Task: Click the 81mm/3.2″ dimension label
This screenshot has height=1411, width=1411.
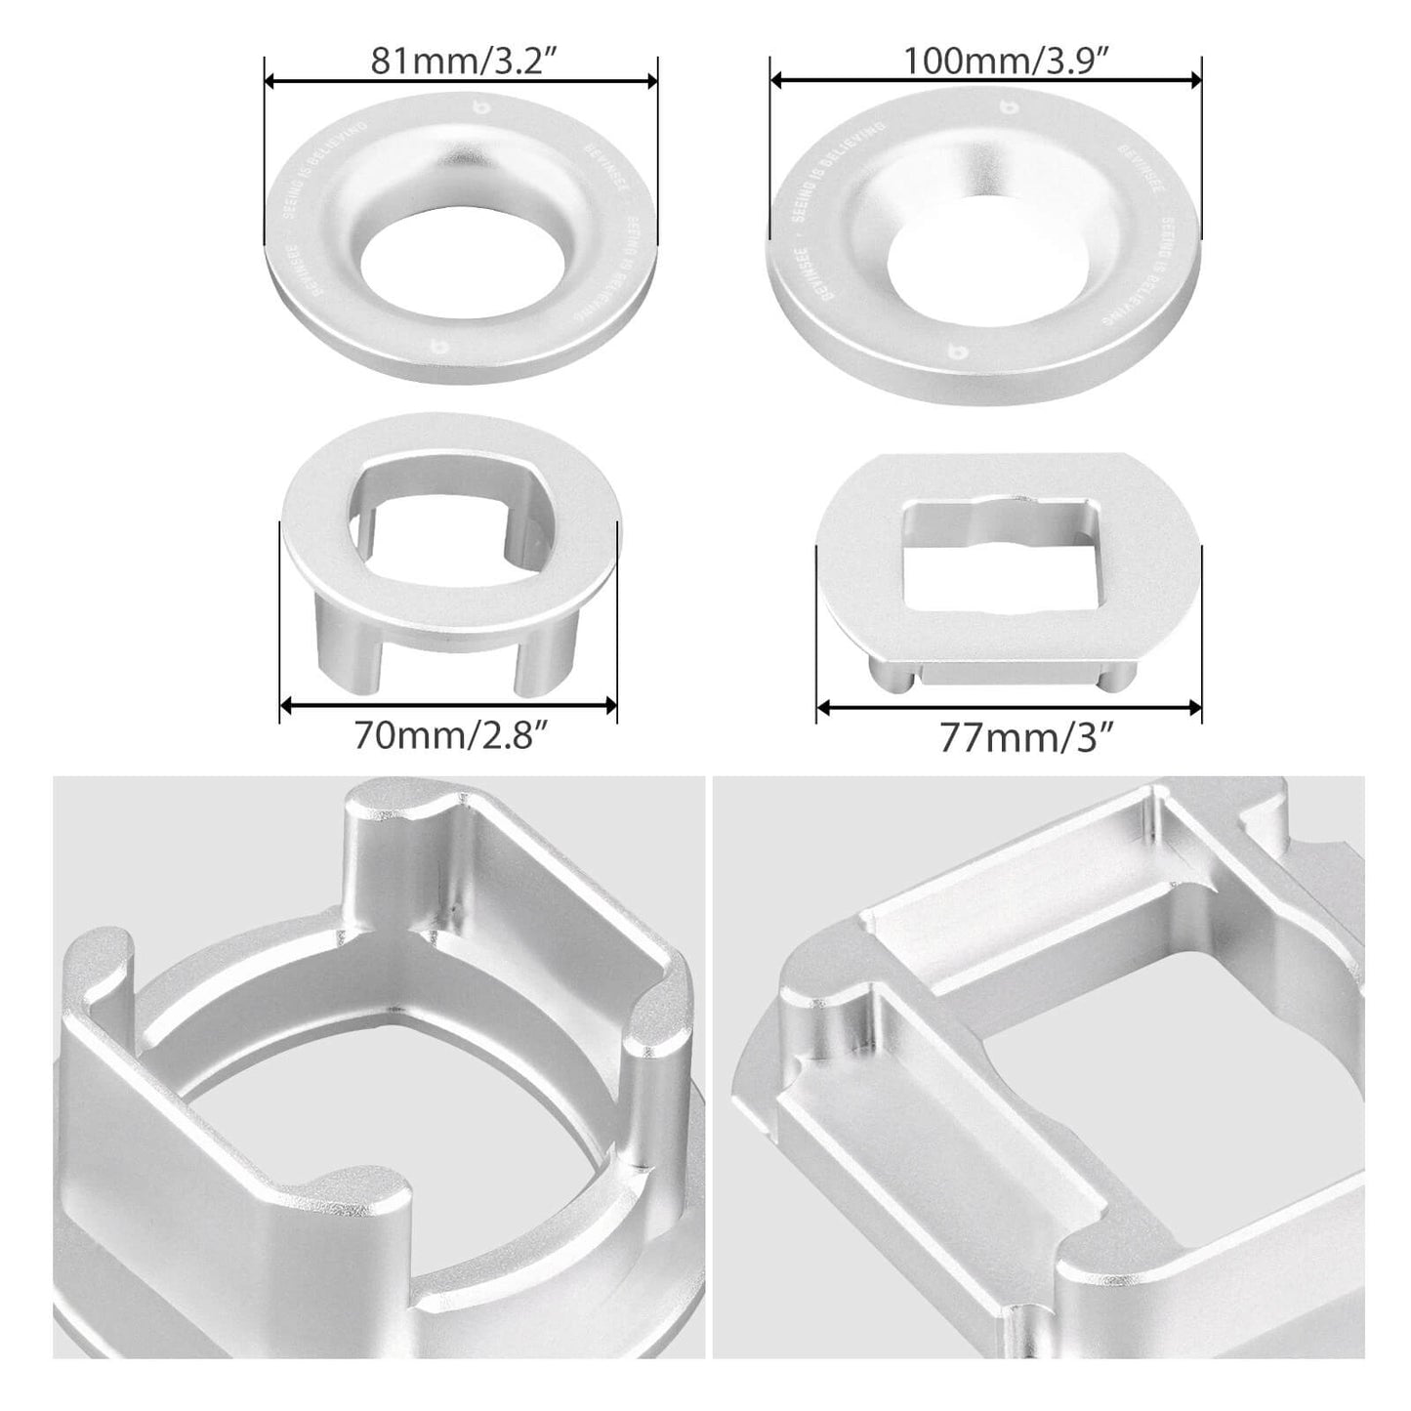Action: (461, 62)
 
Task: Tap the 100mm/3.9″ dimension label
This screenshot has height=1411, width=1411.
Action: (987, 62)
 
